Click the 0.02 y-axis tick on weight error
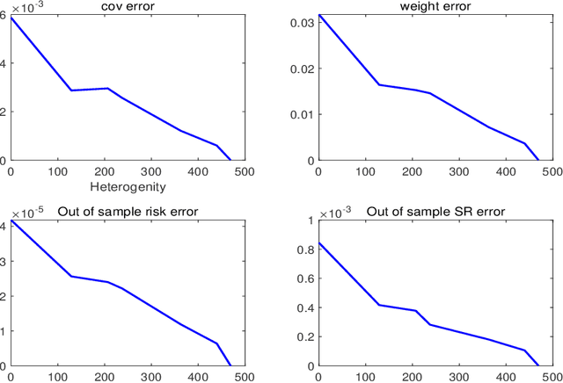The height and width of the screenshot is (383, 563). click(x=301, y=68)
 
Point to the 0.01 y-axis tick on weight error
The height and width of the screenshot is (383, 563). click(x=301, y=114)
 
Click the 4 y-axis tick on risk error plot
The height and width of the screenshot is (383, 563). click(x=4, y=226)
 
